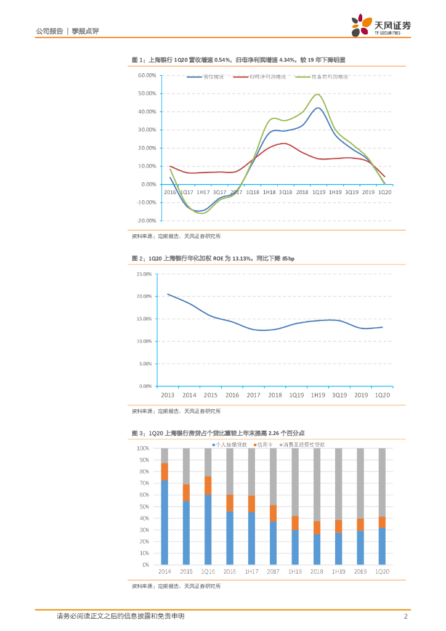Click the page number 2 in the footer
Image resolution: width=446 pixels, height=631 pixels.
(x=406, y=616)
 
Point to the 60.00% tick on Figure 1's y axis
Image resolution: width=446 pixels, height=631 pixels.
(x=147, y=75)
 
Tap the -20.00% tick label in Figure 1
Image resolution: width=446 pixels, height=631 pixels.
(x=146, y=220)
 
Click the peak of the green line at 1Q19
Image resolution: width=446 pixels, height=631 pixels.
(x=318, y=94)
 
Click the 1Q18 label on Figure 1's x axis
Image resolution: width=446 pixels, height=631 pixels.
(x=252, y=192)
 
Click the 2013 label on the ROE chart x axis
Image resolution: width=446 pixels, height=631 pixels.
(x=168, y=394)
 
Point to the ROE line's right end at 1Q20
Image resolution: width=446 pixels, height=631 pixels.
(x=382, y=327)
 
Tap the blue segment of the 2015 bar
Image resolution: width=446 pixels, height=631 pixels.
(x=186, y=532)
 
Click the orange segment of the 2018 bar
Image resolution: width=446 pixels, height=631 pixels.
(x=317, y=527)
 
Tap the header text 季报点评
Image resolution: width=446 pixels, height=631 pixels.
(x=86, y=31)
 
